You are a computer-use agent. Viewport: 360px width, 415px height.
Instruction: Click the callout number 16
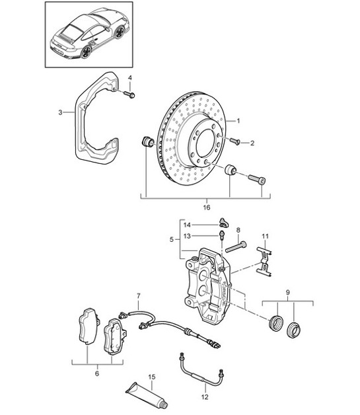tap(206, 207)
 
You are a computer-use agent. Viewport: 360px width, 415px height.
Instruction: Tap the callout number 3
tap(59, 113)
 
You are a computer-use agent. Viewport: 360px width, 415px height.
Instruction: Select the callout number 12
tap(205, 396)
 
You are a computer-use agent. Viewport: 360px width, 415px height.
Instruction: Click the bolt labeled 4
tap(129, 95)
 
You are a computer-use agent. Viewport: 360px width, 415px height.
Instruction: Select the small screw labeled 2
tap(235, 140)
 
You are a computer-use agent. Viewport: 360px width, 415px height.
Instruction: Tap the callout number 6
tap(96, 373)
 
